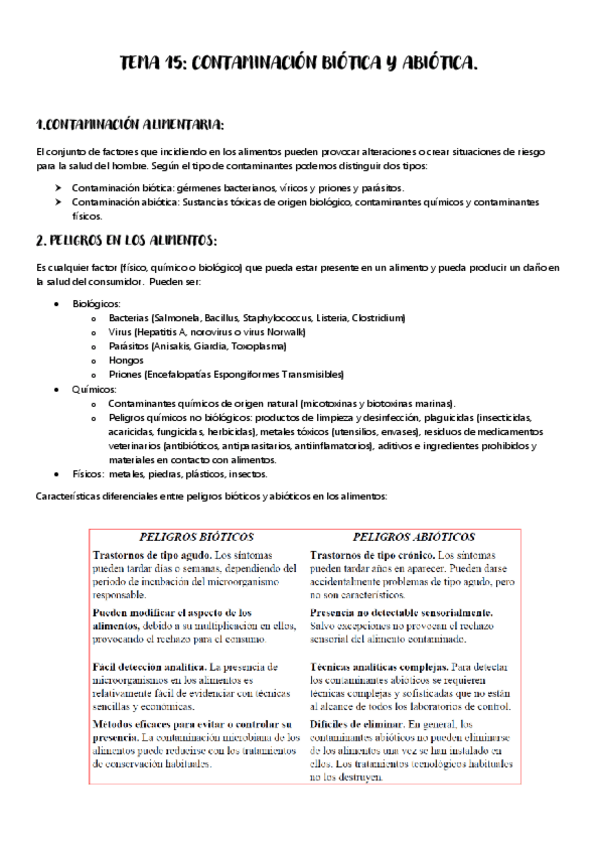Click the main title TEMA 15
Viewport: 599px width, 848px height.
pyautogui.click(x=299, y=64)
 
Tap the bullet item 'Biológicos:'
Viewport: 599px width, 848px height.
pyautogui.click(x=97, y=303)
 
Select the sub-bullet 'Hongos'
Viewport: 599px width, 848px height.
pyautogui.click(x=126, y=360)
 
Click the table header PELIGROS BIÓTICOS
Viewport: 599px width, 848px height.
pyautogui.click(x=196, y=536)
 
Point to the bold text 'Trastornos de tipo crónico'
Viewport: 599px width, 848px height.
pyautogui.click(x=371, y=554)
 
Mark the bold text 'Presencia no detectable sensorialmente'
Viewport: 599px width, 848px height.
pyautogui.click(x=401, y=611)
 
